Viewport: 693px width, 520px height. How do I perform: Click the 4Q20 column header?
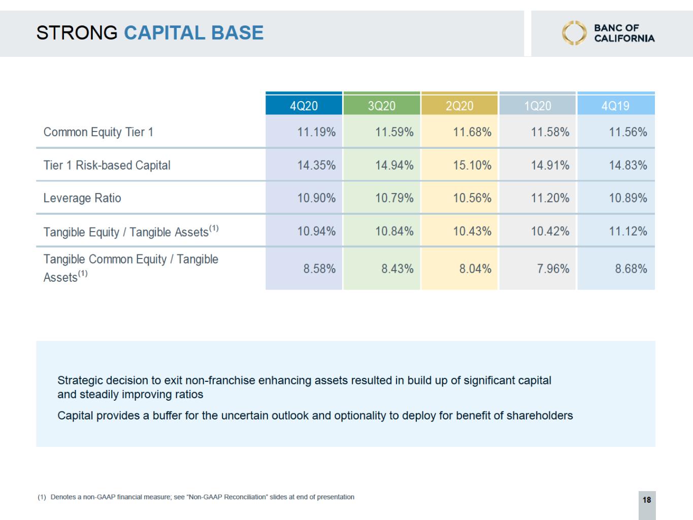(x=304, y=106)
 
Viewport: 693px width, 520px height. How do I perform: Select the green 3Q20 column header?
(x=382, y=106)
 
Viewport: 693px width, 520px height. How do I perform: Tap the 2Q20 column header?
(x=459, y=106)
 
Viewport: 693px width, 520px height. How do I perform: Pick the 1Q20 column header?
(x=538, y=106)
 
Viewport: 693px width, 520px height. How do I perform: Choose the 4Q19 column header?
(x=615, y=106)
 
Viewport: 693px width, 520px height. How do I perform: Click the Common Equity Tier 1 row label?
(x=98, y=132)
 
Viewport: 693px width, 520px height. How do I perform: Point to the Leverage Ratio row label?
(x=82, y=198)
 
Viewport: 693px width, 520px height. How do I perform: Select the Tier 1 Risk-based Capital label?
(x=107, y=165)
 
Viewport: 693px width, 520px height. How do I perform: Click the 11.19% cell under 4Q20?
(x=316, y=132)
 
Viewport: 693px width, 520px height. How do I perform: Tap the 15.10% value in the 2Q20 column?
(x=472, y=165)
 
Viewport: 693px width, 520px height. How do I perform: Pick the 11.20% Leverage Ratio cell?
(x=550, y=198)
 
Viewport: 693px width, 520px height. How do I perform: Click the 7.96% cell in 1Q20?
(x=553, y=269)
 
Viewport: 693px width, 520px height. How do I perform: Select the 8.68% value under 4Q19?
(x=631, y=269)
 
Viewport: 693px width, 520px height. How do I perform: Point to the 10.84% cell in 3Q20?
(x=394, y=231)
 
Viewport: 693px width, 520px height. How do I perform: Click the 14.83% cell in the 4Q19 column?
(x=628, y=165)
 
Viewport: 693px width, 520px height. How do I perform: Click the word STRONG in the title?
(x=77, y=32)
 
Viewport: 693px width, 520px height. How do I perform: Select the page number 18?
(x=647, y=500)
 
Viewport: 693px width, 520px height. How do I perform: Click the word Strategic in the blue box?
(x=80, y=381)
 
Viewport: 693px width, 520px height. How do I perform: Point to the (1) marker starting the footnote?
(x=42, y=497)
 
